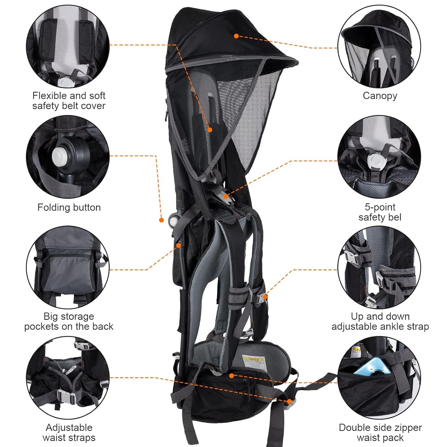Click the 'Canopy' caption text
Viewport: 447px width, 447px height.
tap(380, 96)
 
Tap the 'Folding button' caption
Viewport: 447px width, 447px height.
tap(69, 207)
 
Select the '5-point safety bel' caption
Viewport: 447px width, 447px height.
tap(380, 212)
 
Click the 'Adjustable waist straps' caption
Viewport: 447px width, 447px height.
tap(69, 432)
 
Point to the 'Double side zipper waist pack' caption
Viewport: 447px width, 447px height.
tap(380, 432)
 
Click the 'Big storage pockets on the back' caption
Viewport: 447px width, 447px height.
tap(69, 321)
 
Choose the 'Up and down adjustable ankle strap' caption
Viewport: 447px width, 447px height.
tap(380, 321)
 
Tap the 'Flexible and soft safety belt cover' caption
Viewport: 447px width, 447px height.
tap(69, 101)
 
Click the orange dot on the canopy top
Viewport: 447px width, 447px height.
tap(236, 36)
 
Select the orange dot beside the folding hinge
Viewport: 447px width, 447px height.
tap(161, 220)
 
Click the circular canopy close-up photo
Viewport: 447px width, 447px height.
tap(379, 46)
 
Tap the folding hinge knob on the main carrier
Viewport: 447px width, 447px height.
tap(174, 219)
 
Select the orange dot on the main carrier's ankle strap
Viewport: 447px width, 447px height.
tap(265, 297)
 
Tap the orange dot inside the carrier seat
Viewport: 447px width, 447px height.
tap(210, 130)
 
